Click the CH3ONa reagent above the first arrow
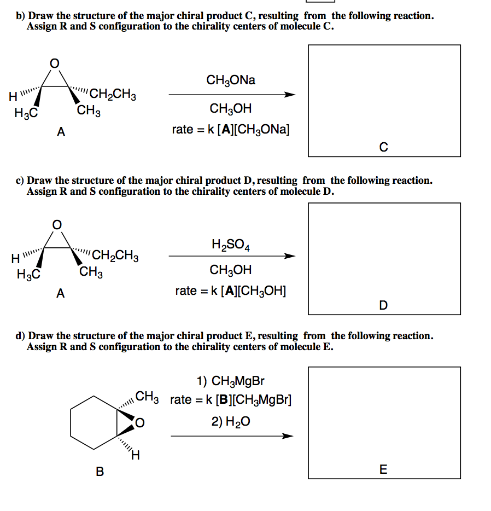pyautogui.click(x=231, y=80)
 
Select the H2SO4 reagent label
pyautogui.click(x=231, y=245)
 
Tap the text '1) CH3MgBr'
pyautogui.click(x=230, y=381)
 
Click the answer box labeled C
pyautogui.click(x=384, y=100)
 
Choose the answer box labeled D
pyautogui.click(x=384, y=258)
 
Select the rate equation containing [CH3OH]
pyautogui.click(x=231, y=291)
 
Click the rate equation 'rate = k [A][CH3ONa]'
pyautogui.click(x=231, y=130)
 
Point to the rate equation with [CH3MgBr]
pyautogui.click(x=231, y=399)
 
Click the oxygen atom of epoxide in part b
pyautogui.click(x=54, y=63)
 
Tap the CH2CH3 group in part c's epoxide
pyautogui.click(x=115, y=255)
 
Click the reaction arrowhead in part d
pyautogui.click(x=288, y=436)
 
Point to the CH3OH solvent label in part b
pyautogui.click(x=230, y=108)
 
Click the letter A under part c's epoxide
pyautogui.click(x=60, y=293)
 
